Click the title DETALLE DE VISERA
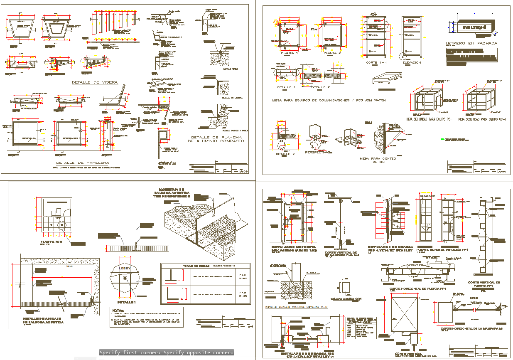click(95, 82)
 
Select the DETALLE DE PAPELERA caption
click(83, 163)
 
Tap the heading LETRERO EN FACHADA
click(471, 43)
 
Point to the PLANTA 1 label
click(290, 53)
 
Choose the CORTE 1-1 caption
click(376, 63)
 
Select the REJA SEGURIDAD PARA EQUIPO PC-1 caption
click(430, 119)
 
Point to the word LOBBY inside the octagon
click(125, 269)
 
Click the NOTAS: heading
click(118, 310)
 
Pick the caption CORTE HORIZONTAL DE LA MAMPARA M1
click(471, 328)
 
